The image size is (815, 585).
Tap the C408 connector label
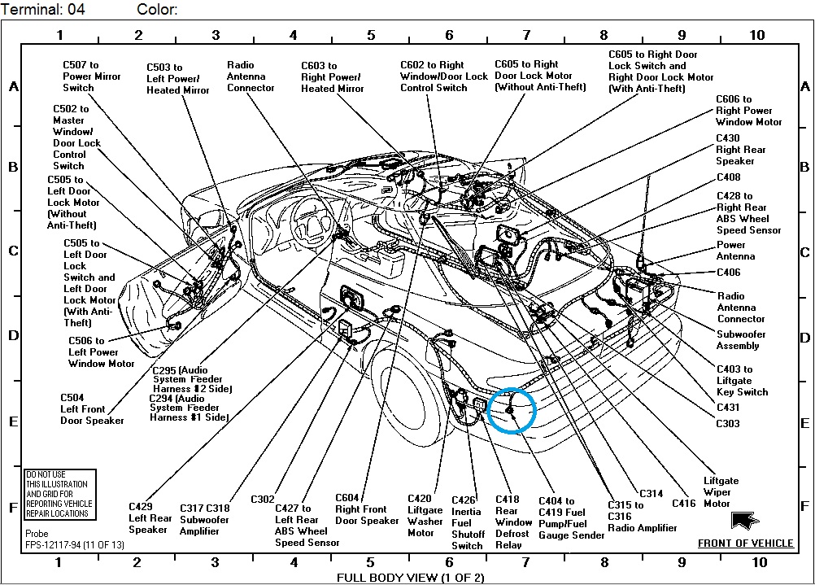[x=728, y=177]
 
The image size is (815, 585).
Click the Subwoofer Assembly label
[x=741, y=340]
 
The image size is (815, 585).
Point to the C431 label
[x=728, y=408]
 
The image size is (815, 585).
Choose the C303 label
[x=728, y=424]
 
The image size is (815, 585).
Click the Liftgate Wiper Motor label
[x=717, y=491]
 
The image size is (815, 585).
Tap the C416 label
[x=683, y=504]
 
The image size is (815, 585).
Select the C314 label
[x=651, y=493]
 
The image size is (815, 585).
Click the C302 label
[x=263, y=499]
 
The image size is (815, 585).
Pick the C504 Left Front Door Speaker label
[x=92, y=409]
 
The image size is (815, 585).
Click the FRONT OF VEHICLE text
[x=745, y=544]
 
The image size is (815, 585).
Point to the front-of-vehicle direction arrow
[x=745, y=520]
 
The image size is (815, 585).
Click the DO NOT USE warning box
[x=60, y=494]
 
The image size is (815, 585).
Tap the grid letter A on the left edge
[x=13, y=87]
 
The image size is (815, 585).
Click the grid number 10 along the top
[x=756, y=35]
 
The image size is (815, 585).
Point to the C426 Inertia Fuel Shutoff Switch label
[x=467, y=522]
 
